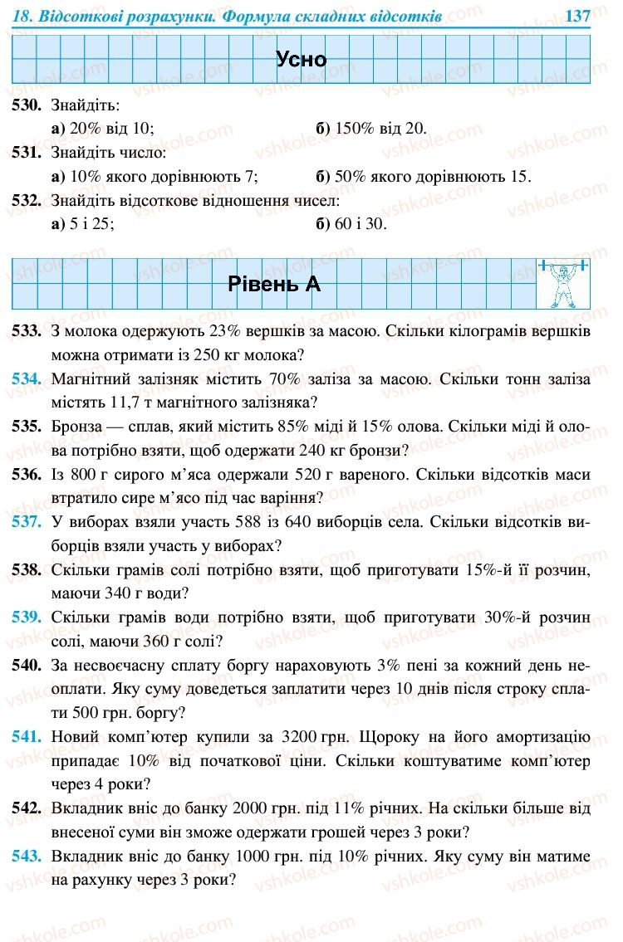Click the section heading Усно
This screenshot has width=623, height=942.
(x=301, y=60)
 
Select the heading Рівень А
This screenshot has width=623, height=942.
(x=273, y=284)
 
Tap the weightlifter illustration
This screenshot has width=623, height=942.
(x=562, y=283)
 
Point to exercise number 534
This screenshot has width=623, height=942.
(x=27, y=379)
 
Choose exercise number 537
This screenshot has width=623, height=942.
(x=27, y=523)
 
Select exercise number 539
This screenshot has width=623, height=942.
(x=27, y=618)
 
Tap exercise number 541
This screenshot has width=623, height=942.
(x=27, y=737)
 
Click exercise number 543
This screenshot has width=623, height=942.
(x=27, y=856)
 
